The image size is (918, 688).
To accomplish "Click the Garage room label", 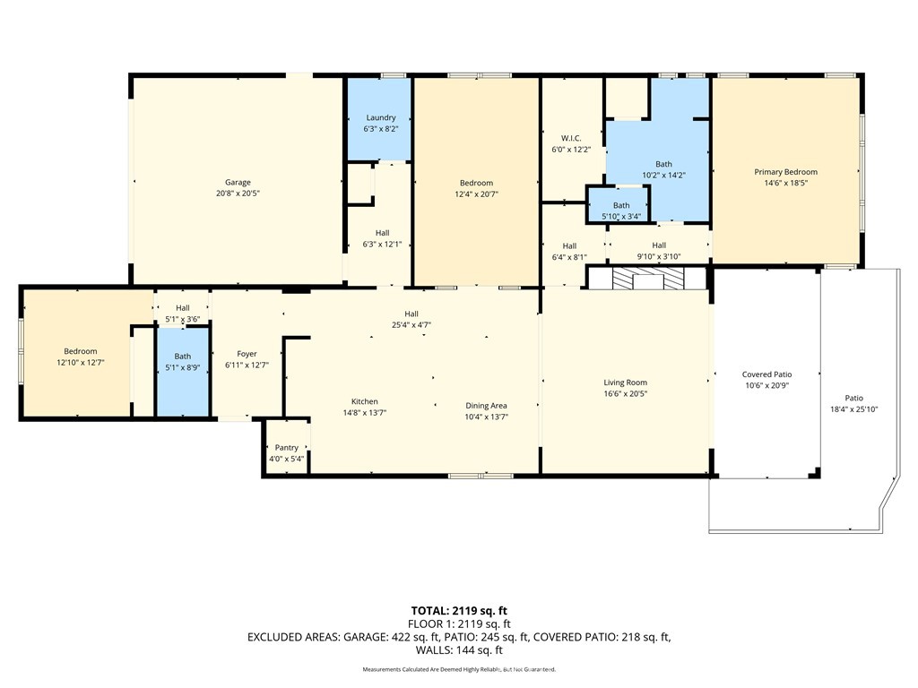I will click(238, 183).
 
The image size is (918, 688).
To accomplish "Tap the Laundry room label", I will click(381, 118).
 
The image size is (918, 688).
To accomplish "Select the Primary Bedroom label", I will click(785, 172).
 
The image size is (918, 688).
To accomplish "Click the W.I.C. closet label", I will click(571, 138).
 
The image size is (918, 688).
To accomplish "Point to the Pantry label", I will click(287, 448).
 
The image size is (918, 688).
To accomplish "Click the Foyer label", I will click(247, 354).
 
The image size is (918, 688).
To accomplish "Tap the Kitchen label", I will click(364, 401).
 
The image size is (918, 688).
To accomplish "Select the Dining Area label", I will click(487, 406).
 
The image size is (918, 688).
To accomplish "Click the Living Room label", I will click(625, 383).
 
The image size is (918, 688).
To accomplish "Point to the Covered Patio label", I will click(766, 374).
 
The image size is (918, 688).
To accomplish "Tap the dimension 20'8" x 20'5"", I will click(238, 193).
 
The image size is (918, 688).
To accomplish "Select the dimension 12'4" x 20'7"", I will click(476, 193).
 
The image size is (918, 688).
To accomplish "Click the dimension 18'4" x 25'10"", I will click(853, 409).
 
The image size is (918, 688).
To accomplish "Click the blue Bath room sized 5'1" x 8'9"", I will click(183, 362).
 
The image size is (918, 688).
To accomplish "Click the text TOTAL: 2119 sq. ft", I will click(459, 611).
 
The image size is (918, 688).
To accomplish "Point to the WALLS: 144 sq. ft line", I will click(459, 650).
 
